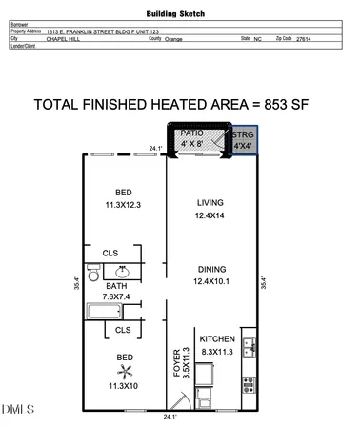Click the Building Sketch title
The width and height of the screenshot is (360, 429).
tap(180, 15)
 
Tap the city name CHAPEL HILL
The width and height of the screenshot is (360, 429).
tap(64, 39)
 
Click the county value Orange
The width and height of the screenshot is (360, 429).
tap(173, 39)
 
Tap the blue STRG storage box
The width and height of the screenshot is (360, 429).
tap(244, 142)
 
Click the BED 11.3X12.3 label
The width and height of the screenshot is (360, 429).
tap(122, 197)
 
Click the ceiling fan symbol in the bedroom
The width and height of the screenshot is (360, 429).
tap(122, 364)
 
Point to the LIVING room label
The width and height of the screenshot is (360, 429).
tap(210, 210)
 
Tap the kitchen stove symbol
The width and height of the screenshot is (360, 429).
tap(249, 386)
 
